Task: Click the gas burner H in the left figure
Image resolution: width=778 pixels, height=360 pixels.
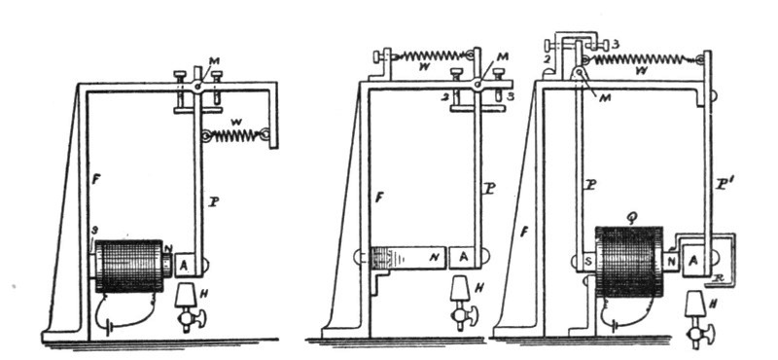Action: [187, 304]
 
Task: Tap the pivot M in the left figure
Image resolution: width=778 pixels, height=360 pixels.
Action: [197, 87]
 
